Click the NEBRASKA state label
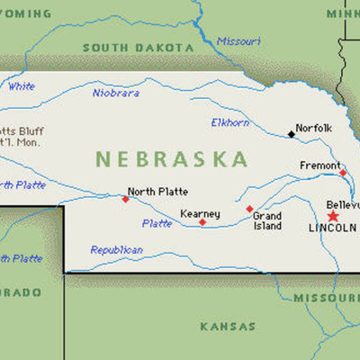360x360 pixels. pos(172,160)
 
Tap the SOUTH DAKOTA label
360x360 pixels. pos(138,48)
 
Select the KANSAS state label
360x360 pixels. pos(227,326)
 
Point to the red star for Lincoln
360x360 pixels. pos(333,216)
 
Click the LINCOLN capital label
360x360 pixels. pos(332,229)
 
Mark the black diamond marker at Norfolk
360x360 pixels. pos(291,135)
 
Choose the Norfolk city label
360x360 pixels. pos(314,128)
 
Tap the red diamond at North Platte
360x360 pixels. pos(125,199)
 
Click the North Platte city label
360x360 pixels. pos(154,191)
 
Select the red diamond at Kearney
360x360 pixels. pos(202,222)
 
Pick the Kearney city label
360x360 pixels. pos(200,213)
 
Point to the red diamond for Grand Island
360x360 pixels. pos(249,209)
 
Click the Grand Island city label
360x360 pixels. pos(267,220)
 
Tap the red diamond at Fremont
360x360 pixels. pos(342,172)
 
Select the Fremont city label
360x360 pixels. pos(319,165)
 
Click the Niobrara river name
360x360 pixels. pos(116,92)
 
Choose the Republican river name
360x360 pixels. pos(116,249)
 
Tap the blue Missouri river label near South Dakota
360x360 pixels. pos(238,40)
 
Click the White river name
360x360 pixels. pos(22,86)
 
